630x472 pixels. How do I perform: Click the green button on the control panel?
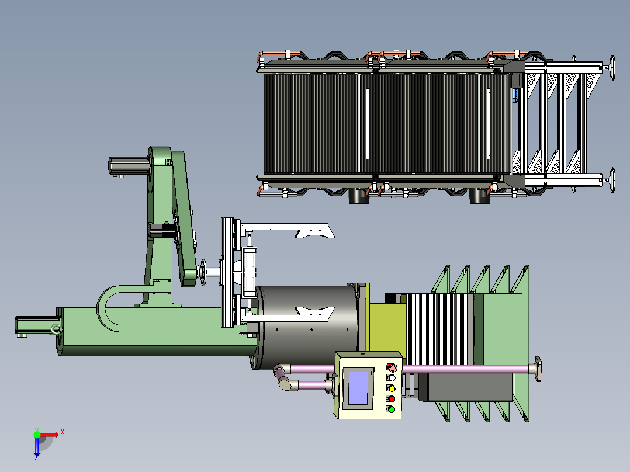pyautogui.click(x=391, y=409)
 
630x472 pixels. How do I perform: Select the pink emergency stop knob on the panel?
pyautogui.click(x=392, y=367)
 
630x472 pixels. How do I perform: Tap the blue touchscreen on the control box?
pyautogui.click(x=358, y=388)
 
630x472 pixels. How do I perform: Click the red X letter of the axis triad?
pyautogui.click(x=63, y=432)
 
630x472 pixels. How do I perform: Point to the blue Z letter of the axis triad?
pyautogui.click(x=37, y=457)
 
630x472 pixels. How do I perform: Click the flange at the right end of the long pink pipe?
pyautogui.click(x=536, y=369)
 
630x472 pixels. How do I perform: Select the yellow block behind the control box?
pyautogui.click(x=387, y=327)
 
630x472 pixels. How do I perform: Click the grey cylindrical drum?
pyautogui.click(x=307, y=325)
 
